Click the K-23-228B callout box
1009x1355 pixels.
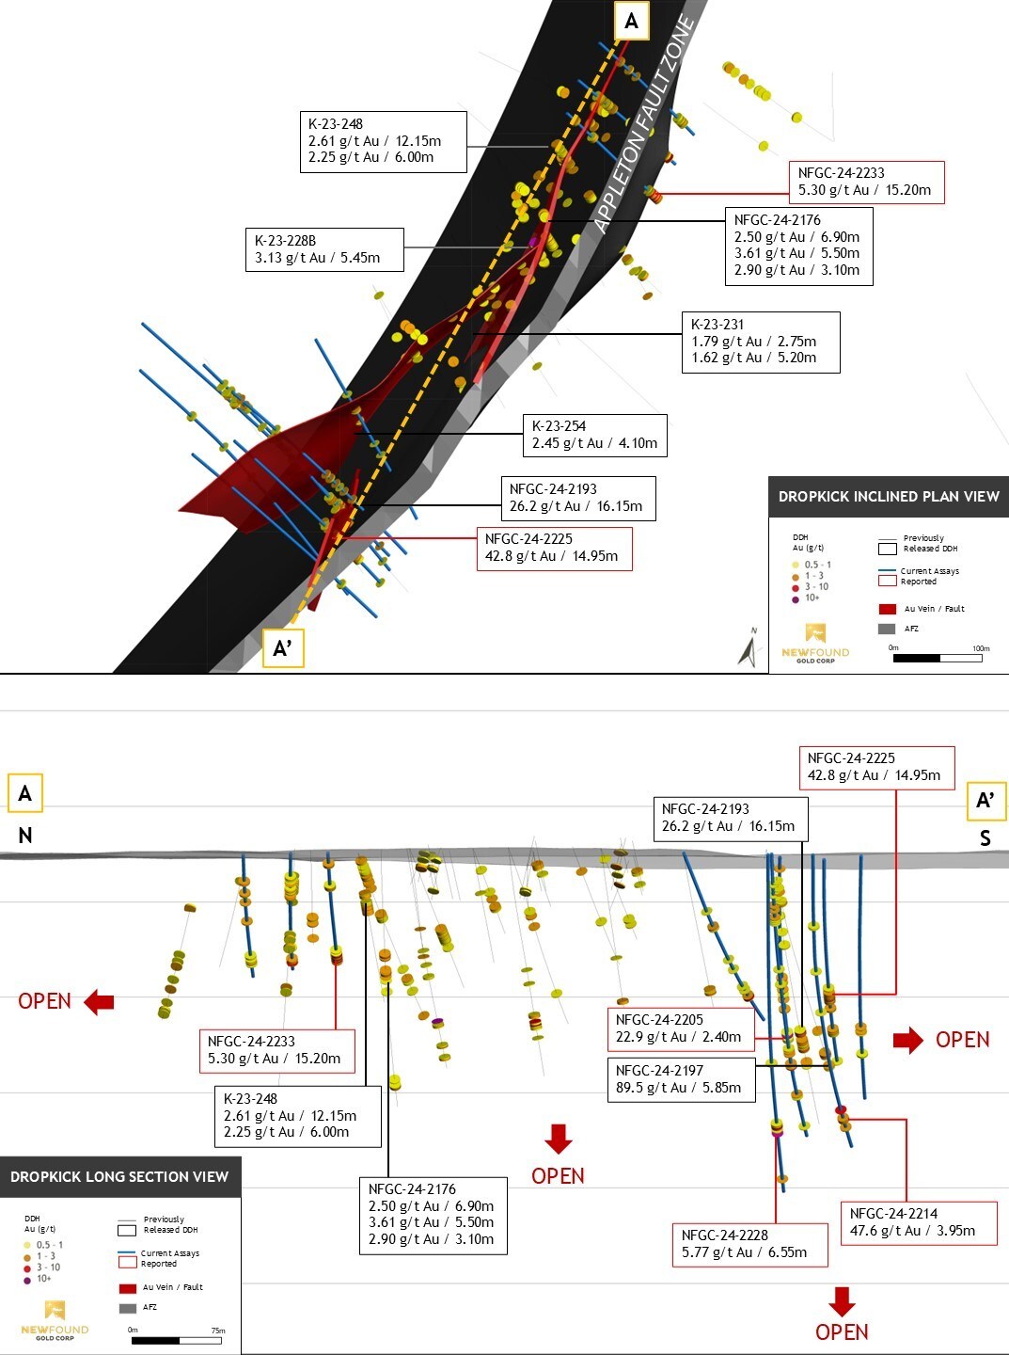pyautogui.click(x=324, y=249)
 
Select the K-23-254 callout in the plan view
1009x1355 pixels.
pyautogui.click(x=594, y=435)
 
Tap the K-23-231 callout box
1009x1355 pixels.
pyautogui.click(x=760, y=342)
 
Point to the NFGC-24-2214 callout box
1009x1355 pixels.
pyautogui.click(x=917, y=1222)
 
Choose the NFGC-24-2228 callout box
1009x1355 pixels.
pyautogui.click(x=750, y=1244)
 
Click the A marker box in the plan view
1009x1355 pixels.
pyautogui.click(x=631, y=21)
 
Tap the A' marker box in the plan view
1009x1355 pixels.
pyautogui.click(x=282, y=647)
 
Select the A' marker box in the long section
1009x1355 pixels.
pyautogui.click(x=985, y=801)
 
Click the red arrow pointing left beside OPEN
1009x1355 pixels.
pyautogui.click(x=99, y=1002)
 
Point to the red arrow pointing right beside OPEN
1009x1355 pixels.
pyautogui.click(x=908, y=1040)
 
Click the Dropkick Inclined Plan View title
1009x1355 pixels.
pyautogui.click(x=889, y=497)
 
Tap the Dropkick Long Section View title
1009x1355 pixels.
pyautogui.click(x=119, y=1176)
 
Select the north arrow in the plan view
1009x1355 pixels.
pyautogui.click(x=749, y=648)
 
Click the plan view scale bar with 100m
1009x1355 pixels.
pyautogui.click(x=938, y=658)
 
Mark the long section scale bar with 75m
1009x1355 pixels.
pyautogui.click(x=176, y=1340)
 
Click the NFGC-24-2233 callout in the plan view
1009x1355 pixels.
pyautogui.click(x=865, y=182)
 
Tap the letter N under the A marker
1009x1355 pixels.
pyautogui.click(x=25, y=836)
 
